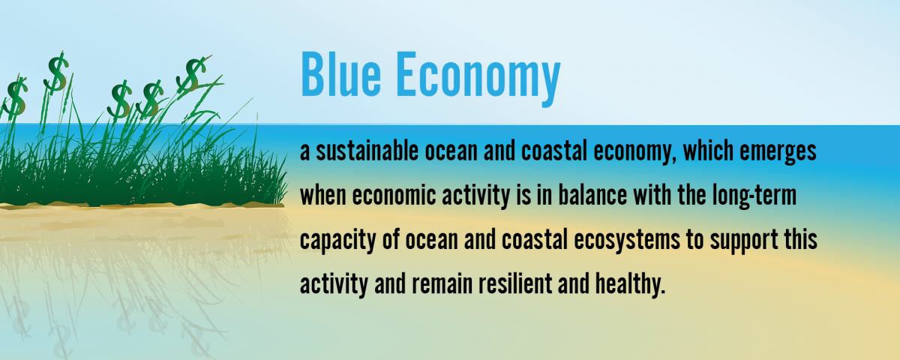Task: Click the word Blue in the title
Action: pos(340,74)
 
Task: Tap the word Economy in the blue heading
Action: pos(478,79)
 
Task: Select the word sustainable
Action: pos(367,151)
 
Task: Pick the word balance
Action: pos(593,195)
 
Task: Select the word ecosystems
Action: pos(627,241)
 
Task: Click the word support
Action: pos(744,241)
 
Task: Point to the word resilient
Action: pos(515,283)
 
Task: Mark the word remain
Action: pos(442,283)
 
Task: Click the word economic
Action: pos(394,195)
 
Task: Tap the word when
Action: pos(323,195)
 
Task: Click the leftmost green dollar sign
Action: pos(15,97)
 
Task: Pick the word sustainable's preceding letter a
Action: pos(305,153)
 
